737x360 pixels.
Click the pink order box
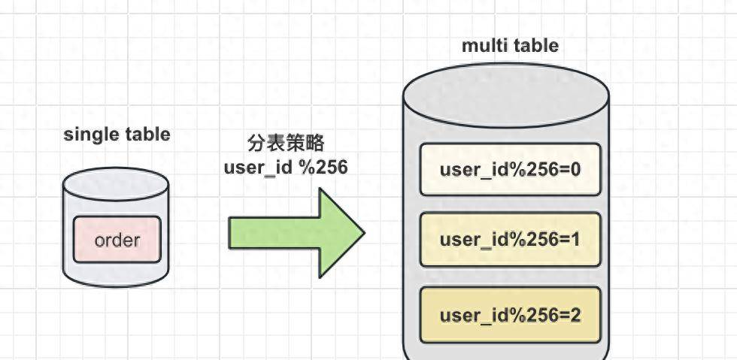coord(117,240)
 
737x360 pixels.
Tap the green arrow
coord(297,233)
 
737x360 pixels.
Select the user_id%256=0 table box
coord(510,169)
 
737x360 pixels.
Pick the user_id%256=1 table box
coord(510,240)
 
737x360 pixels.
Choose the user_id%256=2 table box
coord(510,314)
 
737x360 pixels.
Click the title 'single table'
coord(117,135)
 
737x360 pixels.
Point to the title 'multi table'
coord(510,46)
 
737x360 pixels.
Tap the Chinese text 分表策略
coord(286,143)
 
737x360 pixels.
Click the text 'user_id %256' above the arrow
coord(286,167)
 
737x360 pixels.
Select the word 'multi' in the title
coord(483,46)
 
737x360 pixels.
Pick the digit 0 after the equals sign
coord(575,169)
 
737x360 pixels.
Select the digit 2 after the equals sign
coord(575,314)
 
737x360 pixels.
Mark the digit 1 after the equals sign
coord(575,240)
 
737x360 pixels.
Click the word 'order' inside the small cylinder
coord(117,241)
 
